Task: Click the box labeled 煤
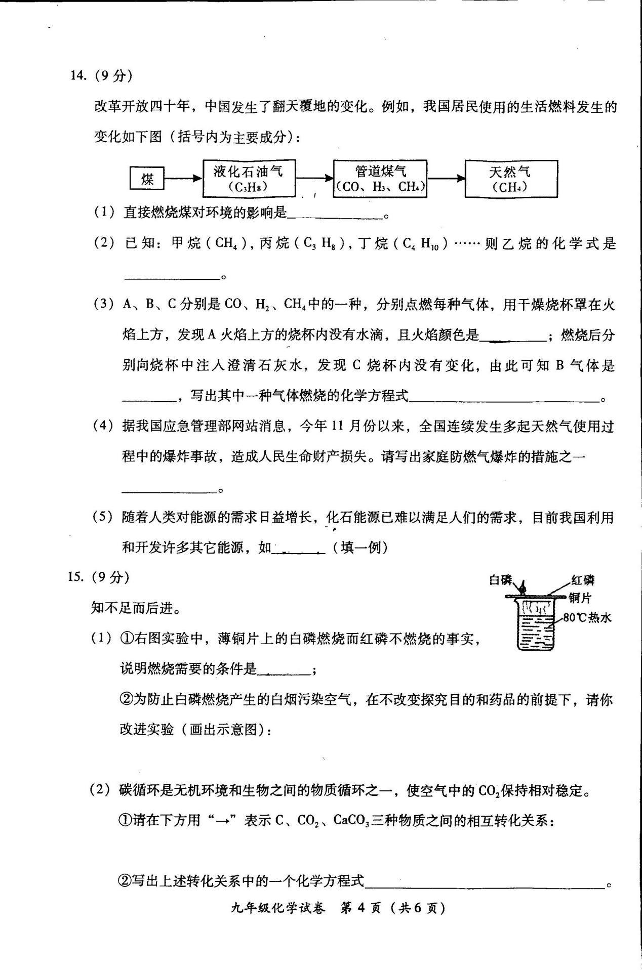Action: coord(147,179)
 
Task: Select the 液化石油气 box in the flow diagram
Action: coord(249,178)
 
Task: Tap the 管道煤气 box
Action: coord(380,178)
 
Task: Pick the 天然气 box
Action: coord(511,178)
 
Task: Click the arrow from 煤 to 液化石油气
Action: coord(183,179)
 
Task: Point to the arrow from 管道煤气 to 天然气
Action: coord(446,178)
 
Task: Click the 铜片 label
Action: coord(580,598)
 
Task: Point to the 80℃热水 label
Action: coord(587,617)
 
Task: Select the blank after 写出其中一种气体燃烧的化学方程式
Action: coord(504,398)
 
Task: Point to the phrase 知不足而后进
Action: coord(135,608)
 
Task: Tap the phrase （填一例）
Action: coord(360,547)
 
